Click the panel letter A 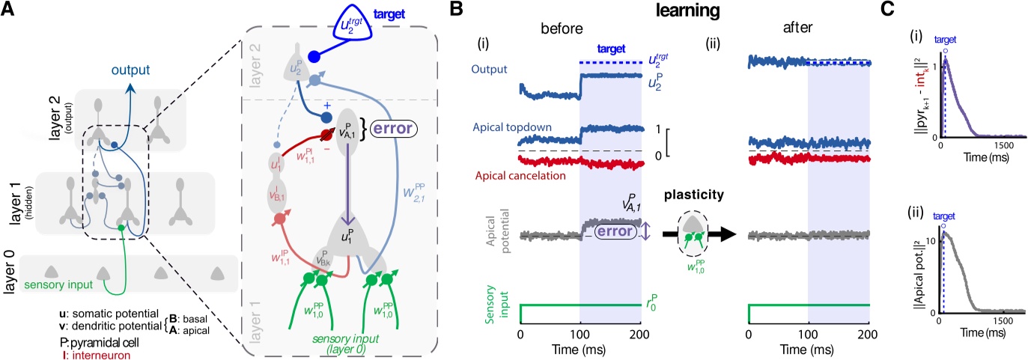pos(10,11)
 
